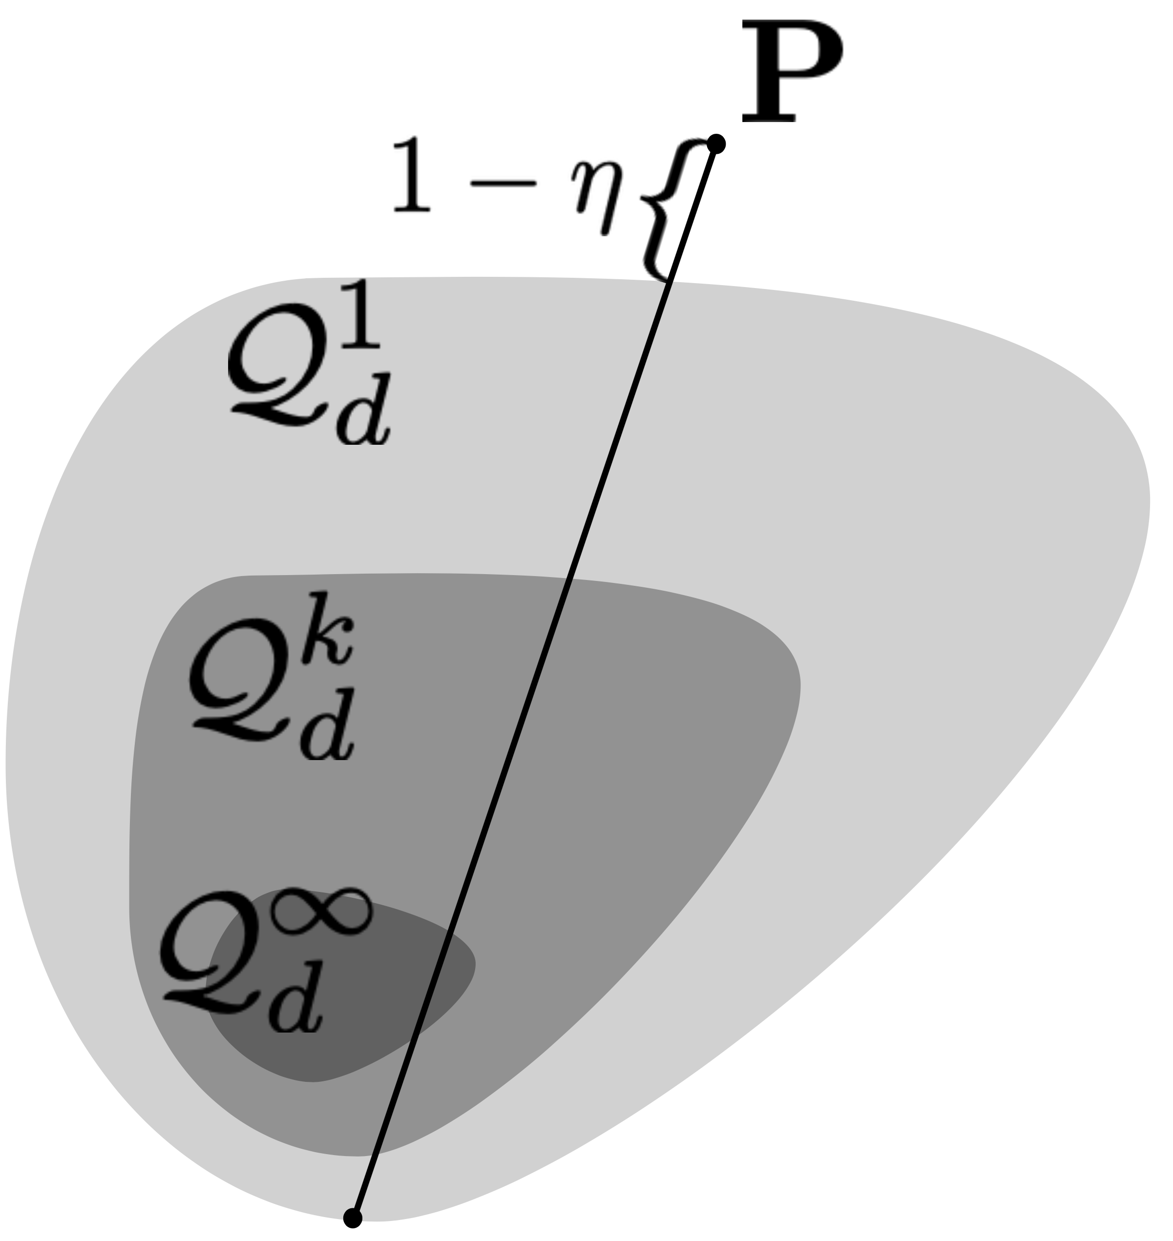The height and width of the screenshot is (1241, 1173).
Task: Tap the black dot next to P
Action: (x=716, y=144)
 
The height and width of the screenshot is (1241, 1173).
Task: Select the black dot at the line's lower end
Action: (x=353, y=1218)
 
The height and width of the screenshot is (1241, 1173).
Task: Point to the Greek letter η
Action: (x=597, y=194)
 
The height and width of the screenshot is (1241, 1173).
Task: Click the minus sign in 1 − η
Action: (x=503, y=183)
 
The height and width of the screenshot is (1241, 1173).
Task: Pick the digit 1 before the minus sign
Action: (x=411, y=175)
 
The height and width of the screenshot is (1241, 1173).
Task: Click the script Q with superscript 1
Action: (x=278, y=366)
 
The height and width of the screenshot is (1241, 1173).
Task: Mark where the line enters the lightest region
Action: (x=670, y=281)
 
